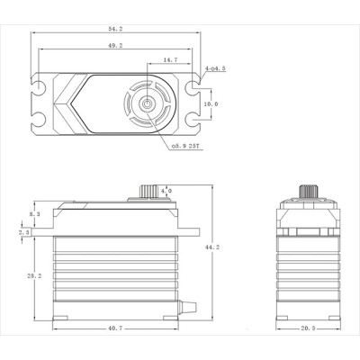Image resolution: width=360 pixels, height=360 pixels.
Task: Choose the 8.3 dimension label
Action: (x=34, y=215)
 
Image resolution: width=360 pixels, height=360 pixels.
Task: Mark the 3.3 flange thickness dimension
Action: (x=22, y=231)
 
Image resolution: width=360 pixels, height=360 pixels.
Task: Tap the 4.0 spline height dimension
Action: (x=166, y=192)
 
